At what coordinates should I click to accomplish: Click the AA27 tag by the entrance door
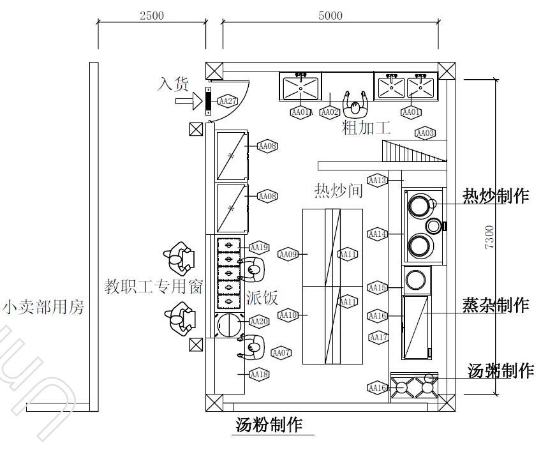227,101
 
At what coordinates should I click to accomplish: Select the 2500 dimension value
151,16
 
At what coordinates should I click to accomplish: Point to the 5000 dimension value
330,16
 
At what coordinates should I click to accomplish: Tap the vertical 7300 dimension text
489,237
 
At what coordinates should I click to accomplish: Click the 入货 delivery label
174,84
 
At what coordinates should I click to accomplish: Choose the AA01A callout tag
300,112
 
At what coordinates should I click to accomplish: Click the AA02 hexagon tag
329,112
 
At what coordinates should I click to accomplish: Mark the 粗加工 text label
366,128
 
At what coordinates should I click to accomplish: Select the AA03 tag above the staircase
425,133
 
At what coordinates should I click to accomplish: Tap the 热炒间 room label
338,190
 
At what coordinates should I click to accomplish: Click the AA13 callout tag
378,180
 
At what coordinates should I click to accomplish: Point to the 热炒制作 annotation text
496,196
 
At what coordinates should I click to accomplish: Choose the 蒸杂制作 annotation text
496,305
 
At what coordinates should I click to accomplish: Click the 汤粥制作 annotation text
501,370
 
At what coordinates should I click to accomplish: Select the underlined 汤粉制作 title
269,425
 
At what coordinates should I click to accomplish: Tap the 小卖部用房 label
43,308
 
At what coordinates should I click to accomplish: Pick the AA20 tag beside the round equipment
259,322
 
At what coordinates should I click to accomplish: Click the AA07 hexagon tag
281,352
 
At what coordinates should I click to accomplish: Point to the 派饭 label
262,297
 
